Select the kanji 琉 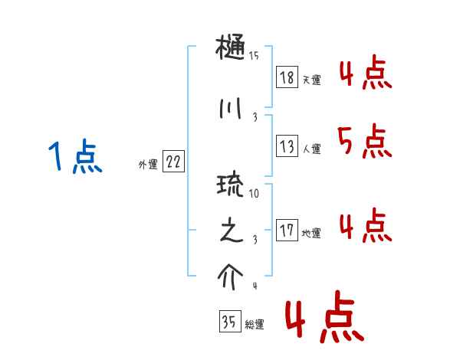[x=232, y=187]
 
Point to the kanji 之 [x=232, y=232]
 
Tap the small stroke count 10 [x=254, y=193]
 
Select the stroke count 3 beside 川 [x=254, y=116]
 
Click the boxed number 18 [x=287, y=77]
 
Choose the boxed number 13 [x=287, y=146]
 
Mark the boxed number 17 [x=287, y=230]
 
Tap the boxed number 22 [x=173, y=162]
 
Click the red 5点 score [x=364, y=141]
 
